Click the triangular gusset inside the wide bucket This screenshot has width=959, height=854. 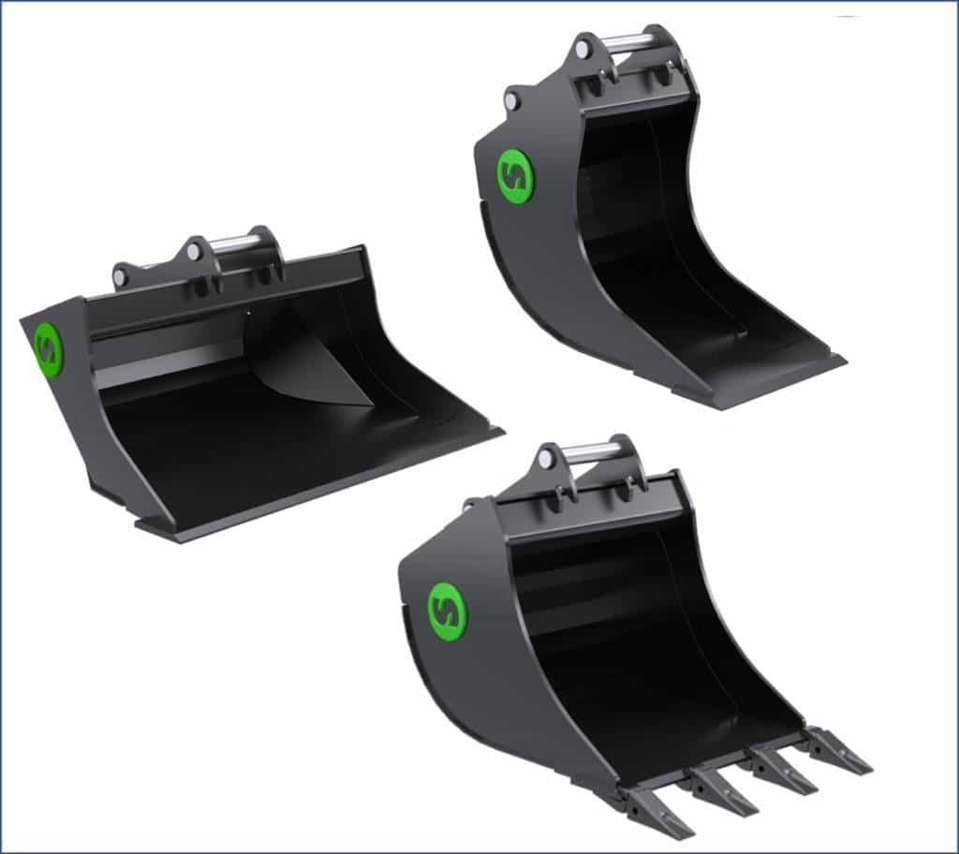tap(314, 361)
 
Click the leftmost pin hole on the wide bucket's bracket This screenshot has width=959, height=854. tap(121, 276)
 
